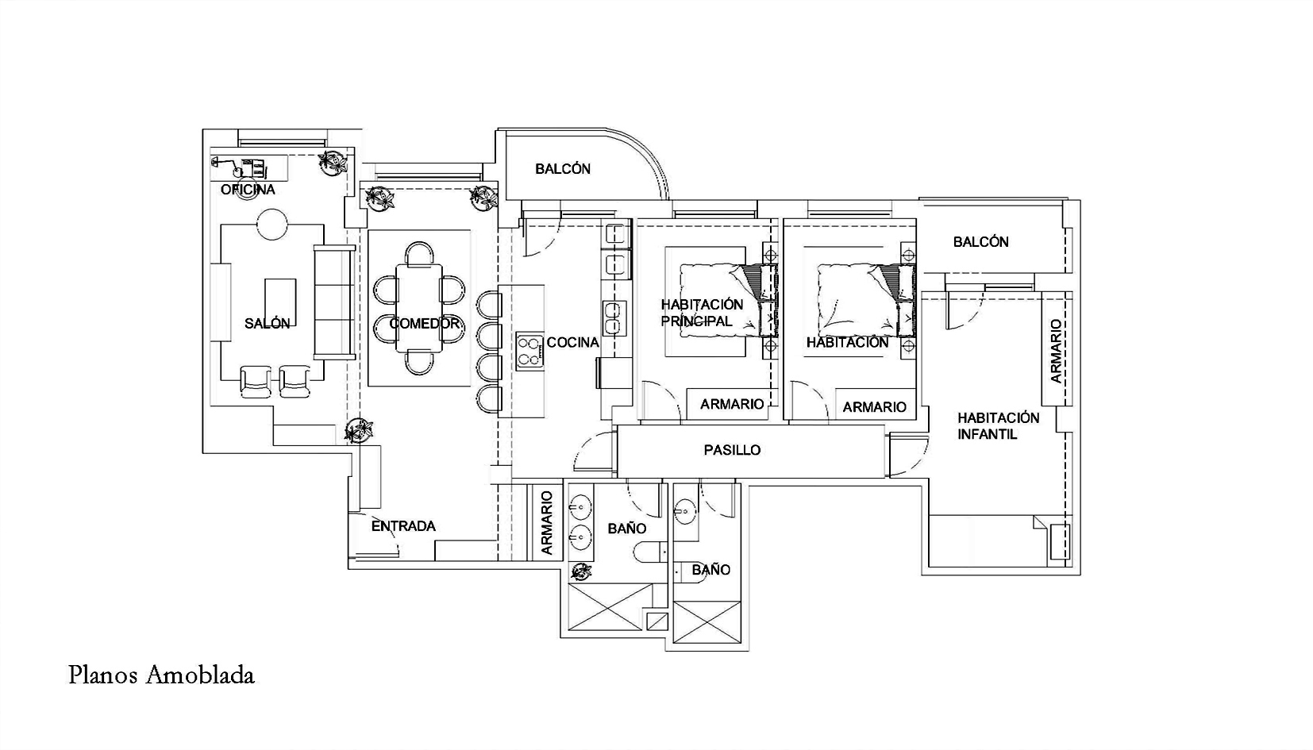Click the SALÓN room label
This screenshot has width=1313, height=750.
pos(268,324)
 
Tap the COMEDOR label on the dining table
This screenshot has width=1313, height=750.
pos(425,324)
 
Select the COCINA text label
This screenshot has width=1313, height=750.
pos(572,342)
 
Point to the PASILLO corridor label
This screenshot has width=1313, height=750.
pos(732,450)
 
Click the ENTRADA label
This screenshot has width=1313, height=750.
pos(403,526)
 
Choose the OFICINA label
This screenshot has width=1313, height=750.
pos(248,189)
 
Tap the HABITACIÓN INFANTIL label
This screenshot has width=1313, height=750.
pos(998,426)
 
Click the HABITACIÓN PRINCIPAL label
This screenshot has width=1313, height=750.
pos(702,313)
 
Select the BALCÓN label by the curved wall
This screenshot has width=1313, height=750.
pos(563,169)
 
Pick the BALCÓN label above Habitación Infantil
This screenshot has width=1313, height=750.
pos(980,242)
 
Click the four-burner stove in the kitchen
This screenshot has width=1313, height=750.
pos(530,350)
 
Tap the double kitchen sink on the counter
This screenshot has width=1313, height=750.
pos(614,318)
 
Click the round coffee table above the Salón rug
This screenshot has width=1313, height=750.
pos(272,223)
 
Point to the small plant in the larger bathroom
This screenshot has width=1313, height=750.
pos(583,571)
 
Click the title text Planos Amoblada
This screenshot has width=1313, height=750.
pos(162,675)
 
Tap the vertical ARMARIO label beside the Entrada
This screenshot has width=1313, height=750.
pos(547,523)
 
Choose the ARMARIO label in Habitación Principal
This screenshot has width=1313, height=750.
pos(732,404)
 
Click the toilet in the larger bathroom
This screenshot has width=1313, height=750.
pos(651,552)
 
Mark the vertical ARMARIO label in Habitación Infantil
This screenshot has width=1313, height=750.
pos(1056,351)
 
